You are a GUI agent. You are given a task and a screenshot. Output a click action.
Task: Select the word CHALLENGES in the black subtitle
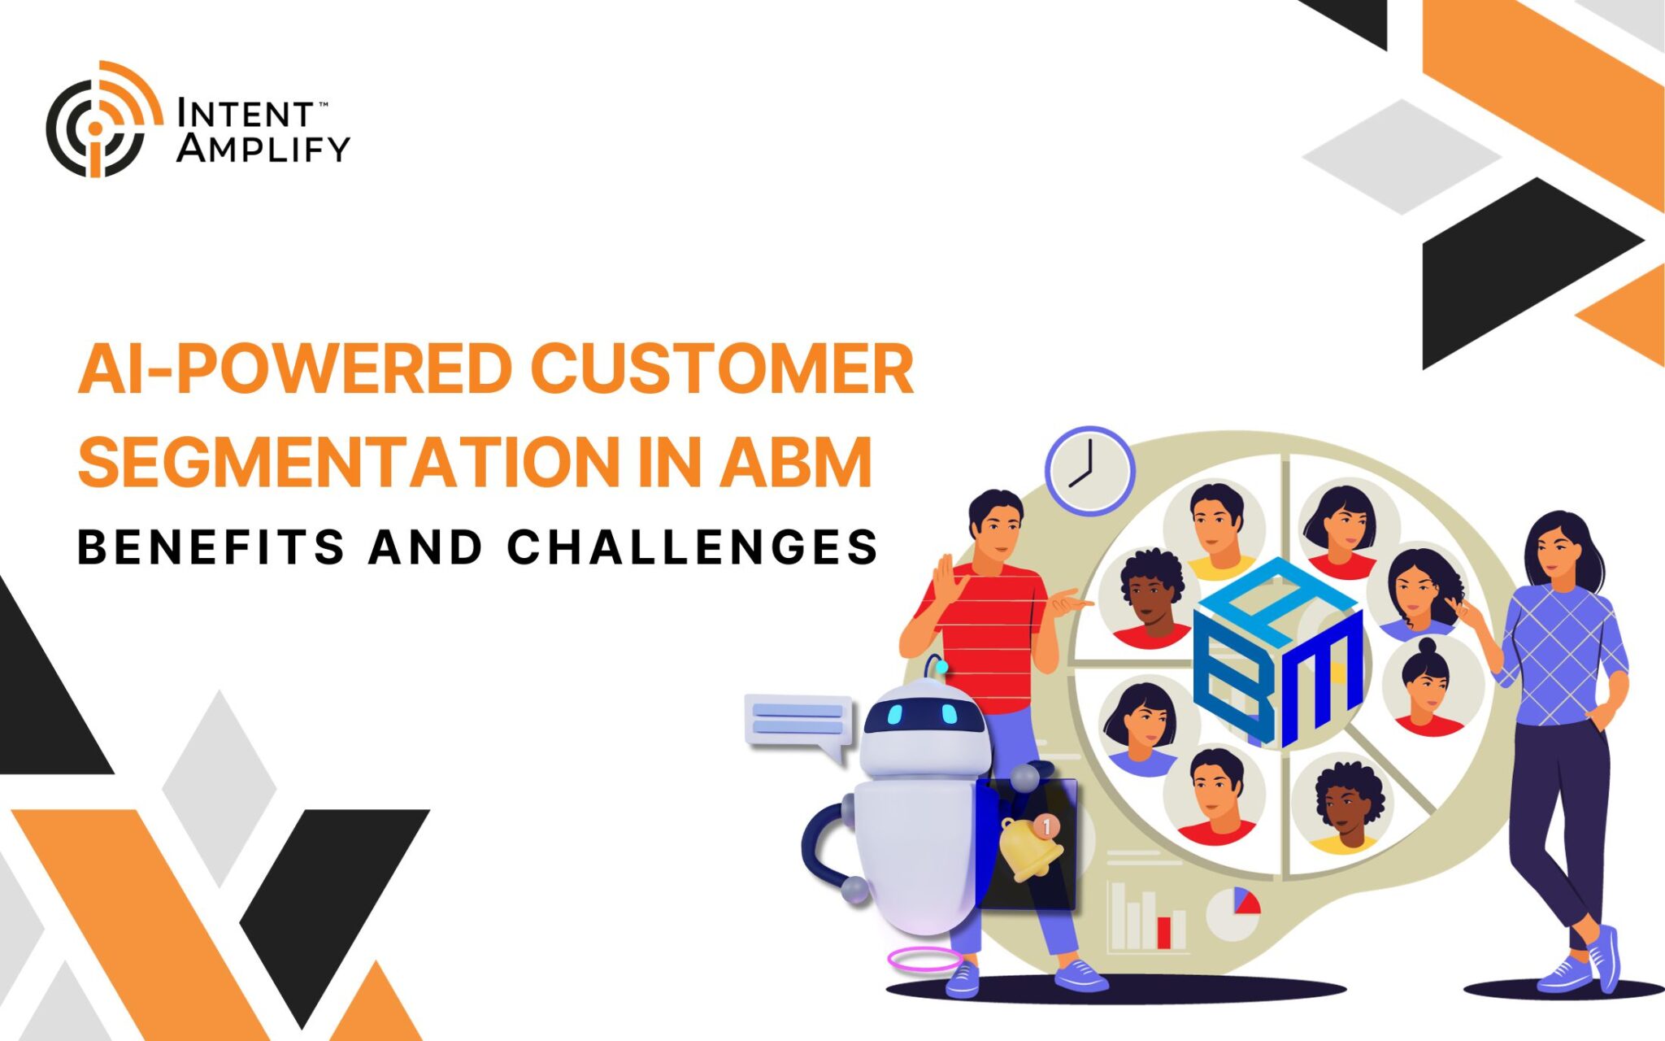point(692,547)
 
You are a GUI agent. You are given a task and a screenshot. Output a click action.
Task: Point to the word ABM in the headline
point(795,462)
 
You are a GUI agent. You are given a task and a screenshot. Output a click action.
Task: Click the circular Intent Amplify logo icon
point(102,120)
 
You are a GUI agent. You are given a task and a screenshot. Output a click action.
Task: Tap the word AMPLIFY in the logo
point(263,149)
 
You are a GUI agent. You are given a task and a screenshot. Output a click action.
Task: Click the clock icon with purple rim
point(1089,471)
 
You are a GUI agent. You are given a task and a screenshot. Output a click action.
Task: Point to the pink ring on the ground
point(924,960)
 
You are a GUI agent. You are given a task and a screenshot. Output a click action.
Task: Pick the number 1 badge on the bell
point(1046,826)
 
